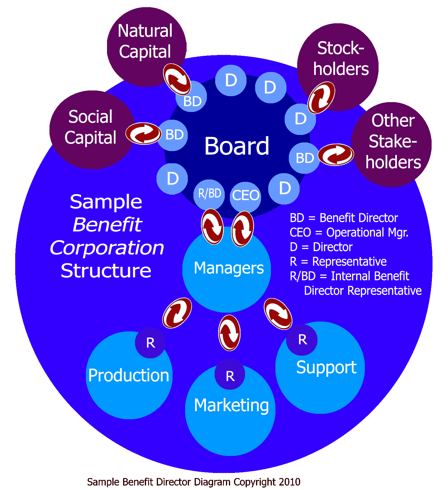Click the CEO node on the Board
pyautogui.click(x=246, y=196)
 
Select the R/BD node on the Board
pyautogui.click(x=210, y=194)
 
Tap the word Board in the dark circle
pyautogui.click(x=237, y=146)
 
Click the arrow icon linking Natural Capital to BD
pyautogui.click(x=177, y=79)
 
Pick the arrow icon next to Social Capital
pyautogui.click(x=143, y=133)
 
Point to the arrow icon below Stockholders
pyautogui.click(x=321, y=98)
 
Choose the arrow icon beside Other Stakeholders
pyautogui.click(x=336, y=154)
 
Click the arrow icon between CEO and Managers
pyautogui.click(x=243, y=229)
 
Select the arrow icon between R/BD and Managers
pyautogui.click(x=212, y=227)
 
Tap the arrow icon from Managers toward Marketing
pyautogui.click(x=229, y=333)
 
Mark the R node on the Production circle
pyautogui.click(x=150, y=343)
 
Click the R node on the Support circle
pyautogui.click(x=302, y=340)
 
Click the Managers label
pyautogui.click(x=229, y=268)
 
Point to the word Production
pyautogui.click(x=129, y=375)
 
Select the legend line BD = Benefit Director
pyautogui.click(x=344, y=218)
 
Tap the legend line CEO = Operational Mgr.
pyautogui.click(x=349, y=233)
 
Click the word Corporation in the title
pyautogui.click(x=107, y=248)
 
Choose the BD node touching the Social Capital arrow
pyautogui.click(x=173, y=135)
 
